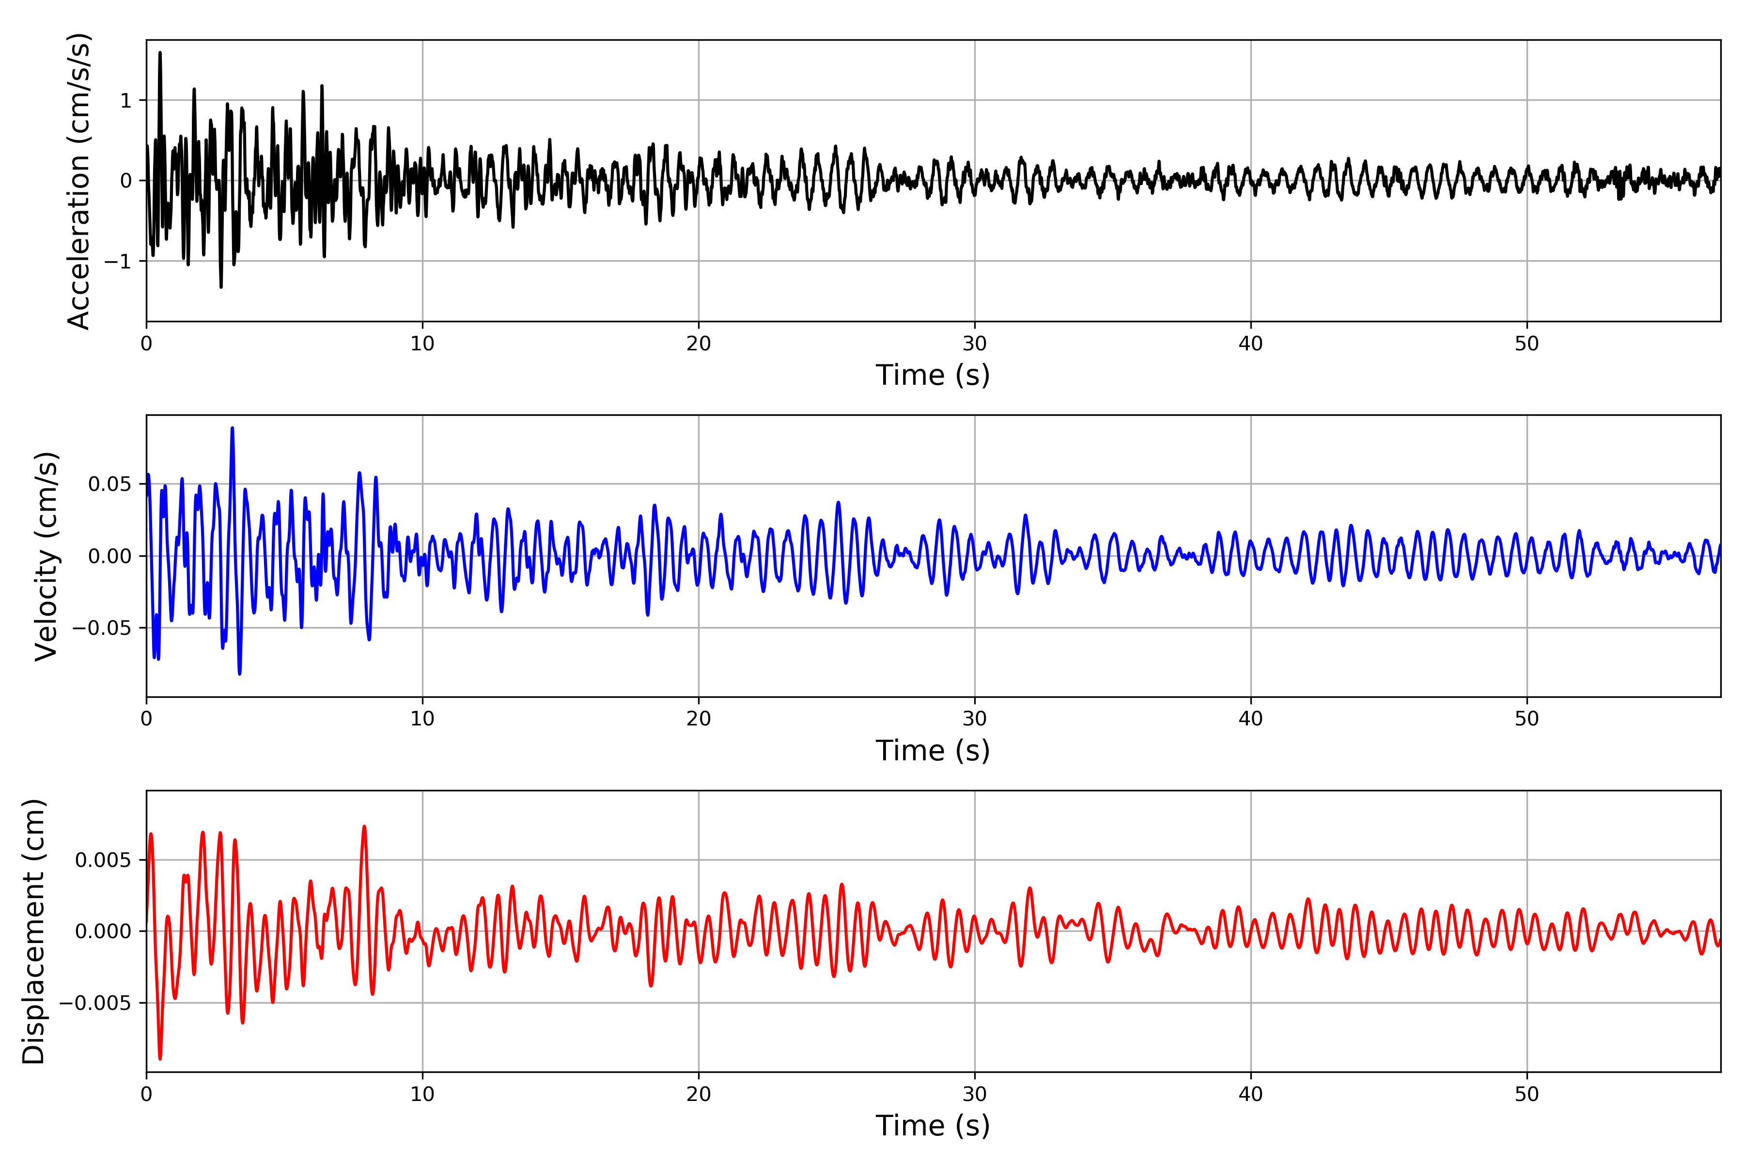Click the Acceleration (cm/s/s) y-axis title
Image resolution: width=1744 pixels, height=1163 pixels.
(78, 181)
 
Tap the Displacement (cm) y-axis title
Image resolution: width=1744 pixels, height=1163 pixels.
(34, 931)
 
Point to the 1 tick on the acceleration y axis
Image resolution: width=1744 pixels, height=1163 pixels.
(126, 101)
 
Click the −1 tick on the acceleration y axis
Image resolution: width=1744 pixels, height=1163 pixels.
(118, 262)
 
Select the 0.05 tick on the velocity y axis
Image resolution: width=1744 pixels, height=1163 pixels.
(110, 484)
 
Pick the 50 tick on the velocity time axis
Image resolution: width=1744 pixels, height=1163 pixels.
(1527, 719)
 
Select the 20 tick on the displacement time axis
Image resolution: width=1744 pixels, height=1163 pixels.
(699, 1094)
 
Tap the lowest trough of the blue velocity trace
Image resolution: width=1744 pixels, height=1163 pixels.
(239, 674)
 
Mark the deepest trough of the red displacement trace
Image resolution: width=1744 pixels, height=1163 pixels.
(160, 1058)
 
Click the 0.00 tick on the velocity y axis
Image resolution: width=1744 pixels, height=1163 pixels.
(110, 556)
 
